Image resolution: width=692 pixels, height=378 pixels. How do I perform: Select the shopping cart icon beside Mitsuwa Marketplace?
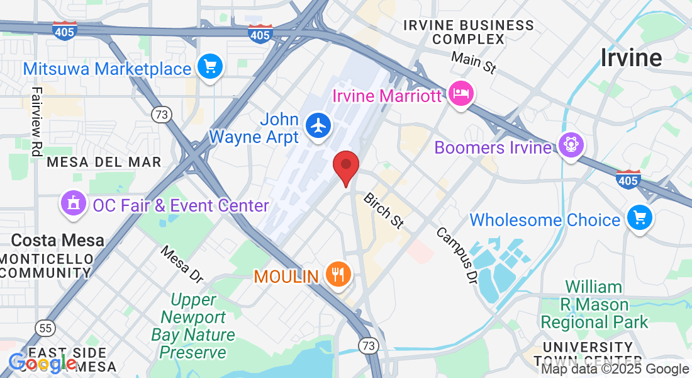[209, 67]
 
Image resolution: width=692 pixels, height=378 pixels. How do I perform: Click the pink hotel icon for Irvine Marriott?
[462, 95]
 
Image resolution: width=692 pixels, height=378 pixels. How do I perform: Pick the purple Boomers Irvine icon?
[571, 146]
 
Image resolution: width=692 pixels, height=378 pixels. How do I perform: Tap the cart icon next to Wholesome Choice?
[640, 219]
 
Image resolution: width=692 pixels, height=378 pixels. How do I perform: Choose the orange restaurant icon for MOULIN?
[338, 274]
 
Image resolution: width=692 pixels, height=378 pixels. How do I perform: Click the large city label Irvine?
[631, 58]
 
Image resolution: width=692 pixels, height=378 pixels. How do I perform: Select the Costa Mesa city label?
[58, 240]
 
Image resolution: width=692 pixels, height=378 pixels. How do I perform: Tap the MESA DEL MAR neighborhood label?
[104, 162]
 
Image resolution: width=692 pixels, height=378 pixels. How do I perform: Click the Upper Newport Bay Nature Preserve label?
[193, 326]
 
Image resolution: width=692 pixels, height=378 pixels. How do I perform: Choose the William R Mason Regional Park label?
[594, 305]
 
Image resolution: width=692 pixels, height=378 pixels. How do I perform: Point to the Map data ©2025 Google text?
[615, 369]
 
